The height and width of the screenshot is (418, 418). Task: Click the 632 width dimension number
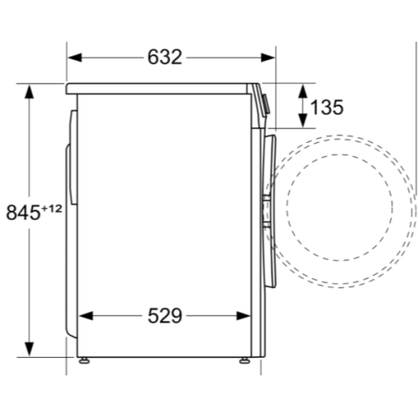pyautogui.click(x=165, y=57)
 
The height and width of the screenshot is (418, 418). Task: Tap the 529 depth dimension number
pyautogui.click(x=166, y=316)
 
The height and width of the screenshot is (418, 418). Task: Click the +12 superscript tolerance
pyautogui.click(x=53, y=206)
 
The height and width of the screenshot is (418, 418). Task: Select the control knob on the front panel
pyautogui.click(x=265, y=104)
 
